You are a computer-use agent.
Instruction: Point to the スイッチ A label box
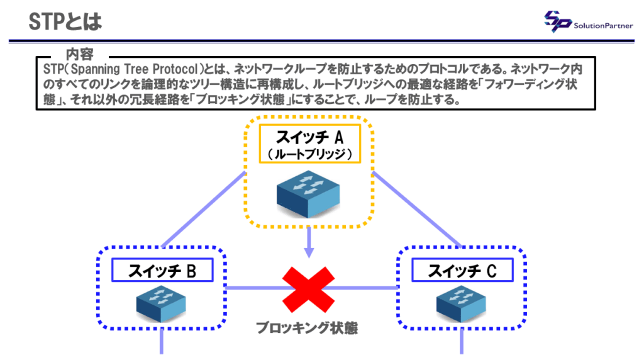tap(309, 146)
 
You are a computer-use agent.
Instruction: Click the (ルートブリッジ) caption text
tap(309, 154)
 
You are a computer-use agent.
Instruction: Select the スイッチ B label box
tap(162, 271)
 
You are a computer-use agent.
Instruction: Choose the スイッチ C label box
tap(462, 271)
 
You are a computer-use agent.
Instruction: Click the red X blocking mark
tap(309, 288)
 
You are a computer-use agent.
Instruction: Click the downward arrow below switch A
tap(309, 242)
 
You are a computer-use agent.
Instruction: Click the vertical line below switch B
tap(162, 343)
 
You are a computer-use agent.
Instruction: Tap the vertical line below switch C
tap(462, 343)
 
